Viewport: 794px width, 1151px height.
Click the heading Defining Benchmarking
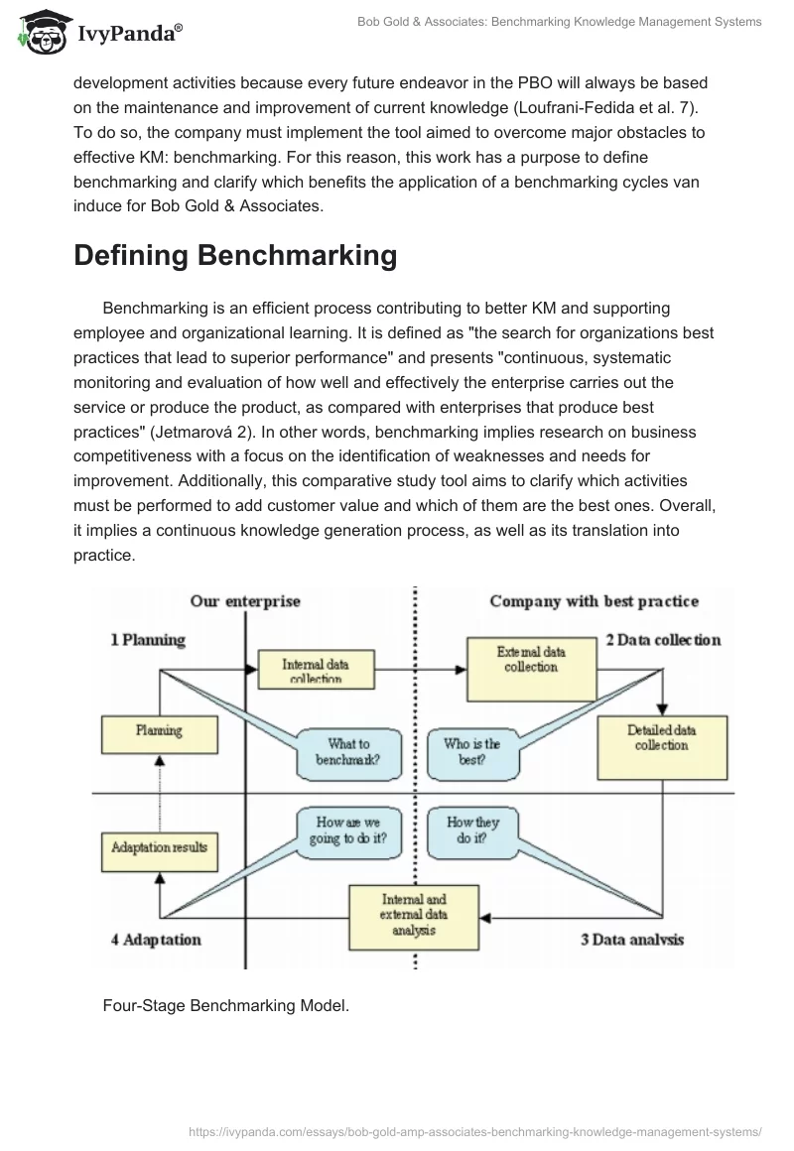tap(235, 255)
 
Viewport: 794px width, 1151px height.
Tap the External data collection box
tap(531, 660)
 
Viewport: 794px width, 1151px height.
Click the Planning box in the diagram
tap(159, 731)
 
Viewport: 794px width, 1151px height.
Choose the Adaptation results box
tap(159, 847)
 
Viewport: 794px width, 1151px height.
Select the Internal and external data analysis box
tap(414, 916)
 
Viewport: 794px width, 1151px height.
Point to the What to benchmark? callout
tap(347, 752)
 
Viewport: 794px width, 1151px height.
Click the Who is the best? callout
tap(472, 752)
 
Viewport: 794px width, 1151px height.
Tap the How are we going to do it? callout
tap(348, 831)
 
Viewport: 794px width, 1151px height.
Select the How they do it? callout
tap(472, 831)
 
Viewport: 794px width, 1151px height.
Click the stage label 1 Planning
tap(148, 640)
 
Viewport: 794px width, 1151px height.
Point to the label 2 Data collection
tap(663, 640)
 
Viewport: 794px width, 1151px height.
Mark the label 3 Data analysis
tap(632, 940)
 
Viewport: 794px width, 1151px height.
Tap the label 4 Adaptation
tap(155, 940)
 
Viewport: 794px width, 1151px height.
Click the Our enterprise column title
tap(245, 601)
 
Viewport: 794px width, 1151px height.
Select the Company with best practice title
tap(594, 601)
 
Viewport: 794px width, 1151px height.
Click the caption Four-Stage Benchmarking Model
tap(226, 1005)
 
